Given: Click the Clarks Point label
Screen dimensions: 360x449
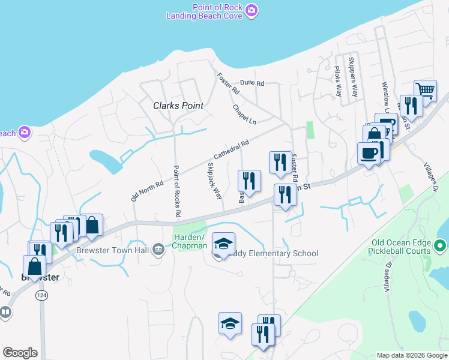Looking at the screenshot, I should pyautogui.click(x=178, y=106).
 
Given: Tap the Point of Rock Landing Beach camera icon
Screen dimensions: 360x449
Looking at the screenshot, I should pyautogui.click(x=252, y=10).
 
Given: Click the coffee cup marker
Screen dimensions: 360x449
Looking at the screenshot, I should pyautogui.click(x=369, y=152).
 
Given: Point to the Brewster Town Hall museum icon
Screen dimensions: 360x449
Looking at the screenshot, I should pyautogui.click(x=158, y=249).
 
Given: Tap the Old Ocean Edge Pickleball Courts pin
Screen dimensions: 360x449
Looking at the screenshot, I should pyautogui.click(x=440, y=246).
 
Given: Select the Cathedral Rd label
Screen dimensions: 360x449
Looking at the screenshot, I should pyautogui.click(x=231, y=150).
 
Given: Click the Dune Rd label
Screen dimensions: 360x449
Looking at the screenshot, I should pyautogui.click(x=252, y=83).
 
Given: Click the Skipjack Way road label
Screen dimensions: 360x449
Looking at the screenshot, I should pyautogui.click(x=214, y=180).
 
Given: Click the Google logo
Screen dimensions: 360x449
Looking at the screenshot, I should pyautogui.click(x=20, y=353).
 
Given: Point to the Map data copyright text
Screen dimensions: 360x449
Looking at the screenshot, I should pyautogui.click(x=411, y=355).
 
